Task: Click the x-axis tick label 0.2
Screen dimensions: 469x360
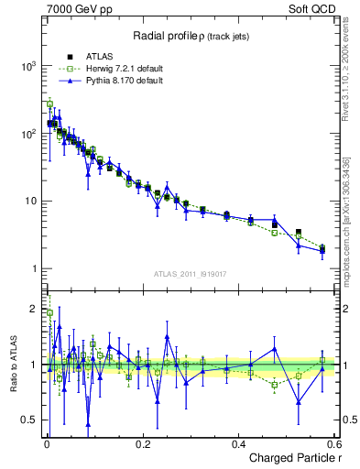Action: (x=142, y=443)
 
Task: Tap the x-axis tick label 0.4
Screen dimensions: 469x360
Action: (x=238, y=443)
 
